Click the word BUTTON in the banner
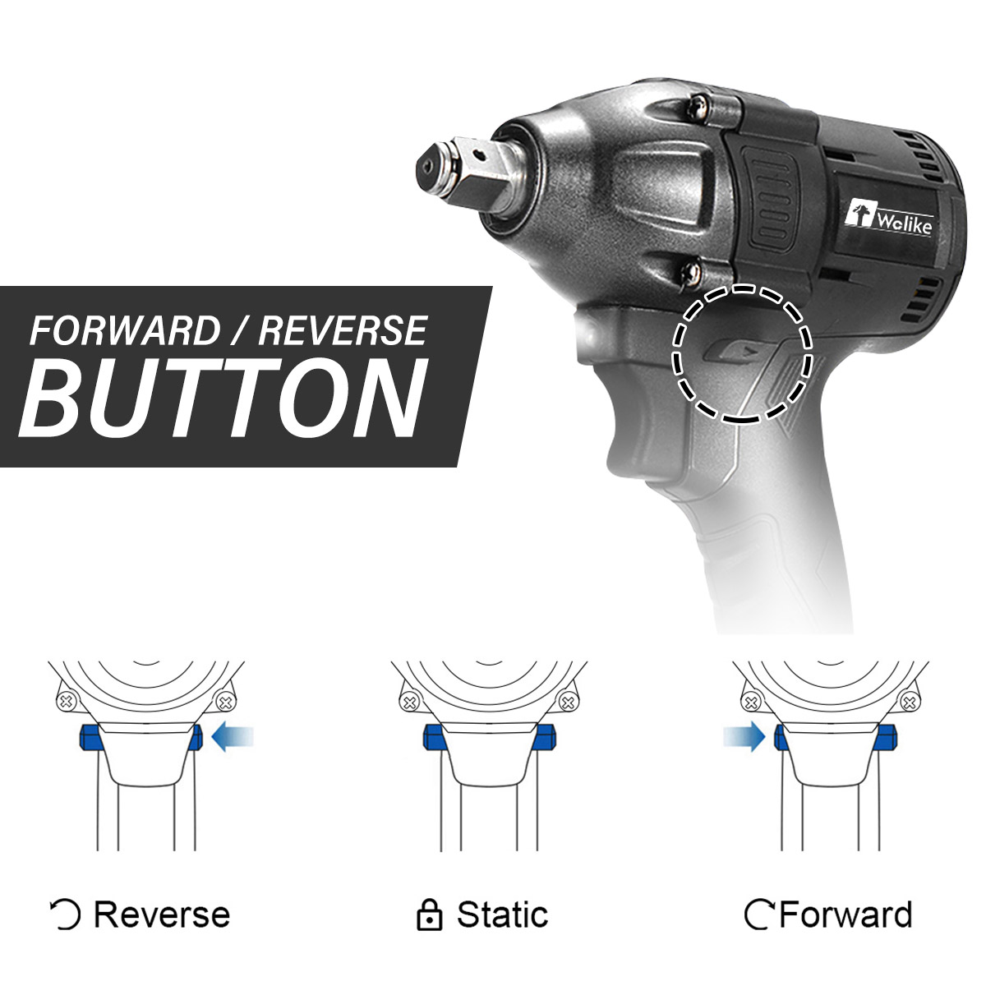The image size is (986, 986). [223, 399]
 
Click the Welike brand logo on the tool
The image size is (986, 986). [891, 219]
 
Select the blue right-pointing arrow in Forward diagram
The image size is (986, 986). [744, 738]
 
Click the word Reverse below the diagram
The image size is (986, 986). [162, 915]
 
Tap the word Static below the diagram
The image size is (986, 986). [503, 915]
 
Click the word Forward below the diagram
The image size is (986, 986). [845, 915]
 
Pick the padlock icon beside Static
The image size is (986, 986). [429, 915]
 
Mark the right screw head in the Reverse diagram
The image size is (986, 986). [224, 702]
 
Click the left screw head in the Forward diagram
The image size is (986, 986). [751, 702]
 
